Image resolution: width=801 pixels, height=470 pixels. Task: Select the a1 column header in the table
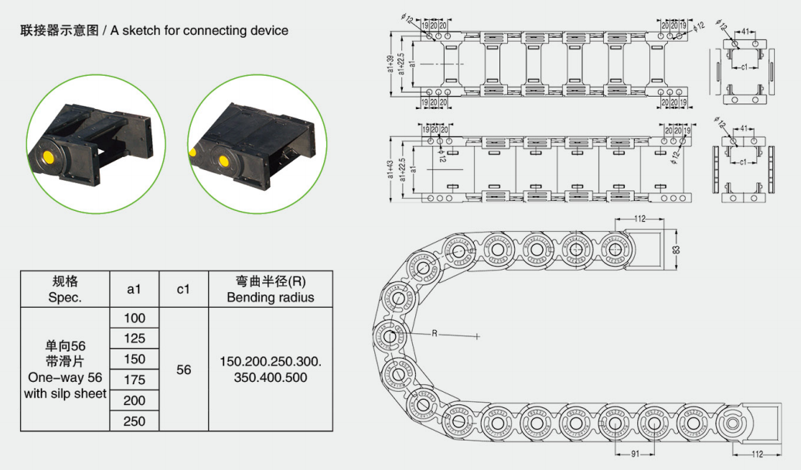135,289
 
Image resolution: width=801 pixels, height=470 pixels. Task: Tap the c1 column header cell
183,289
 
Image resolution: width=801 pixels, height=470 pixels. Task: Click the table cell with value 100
135,318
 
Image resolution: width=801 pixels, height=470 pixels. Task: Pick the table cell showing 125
135,339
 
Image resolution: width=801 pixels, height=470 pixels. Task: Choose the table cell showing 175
135,380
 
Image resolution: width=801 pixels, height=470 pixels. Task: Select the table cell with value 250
135,421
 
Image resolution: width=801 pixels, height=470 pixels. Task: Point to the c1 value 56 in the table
183,370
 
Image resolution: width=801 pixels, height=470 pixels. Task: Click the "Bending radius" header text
270,298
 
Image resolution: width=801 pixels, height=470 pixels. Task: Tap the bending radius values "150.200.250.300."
270,362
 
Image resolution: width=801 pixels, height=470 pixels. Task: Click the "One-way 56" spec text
65,378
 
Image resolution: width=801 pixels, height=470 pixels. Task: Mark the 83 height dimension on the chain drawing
675,249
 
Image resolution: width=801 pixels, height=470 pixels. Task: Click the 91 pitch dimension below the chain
635,454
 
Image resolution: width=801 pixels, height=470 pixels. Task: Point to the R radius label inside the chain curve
435,333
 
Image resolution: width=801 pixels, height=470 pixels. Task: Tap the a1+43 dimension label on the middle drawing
391,168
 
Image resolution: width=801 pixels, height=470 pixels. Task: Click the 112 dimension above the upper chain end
639,220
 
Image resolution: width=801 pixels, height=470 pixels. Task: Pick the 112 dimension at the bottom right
758,454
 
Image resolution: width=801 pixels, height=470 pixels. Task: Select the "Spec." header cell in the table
65,298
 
